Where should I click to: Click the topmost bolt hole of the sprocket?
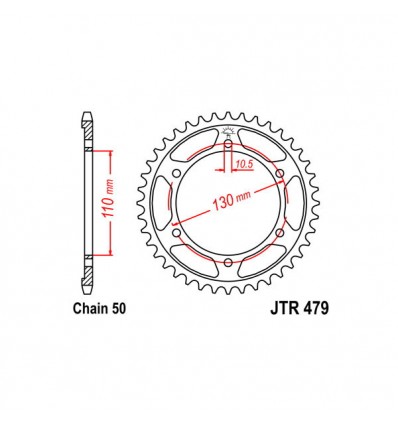click(228, 147)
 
